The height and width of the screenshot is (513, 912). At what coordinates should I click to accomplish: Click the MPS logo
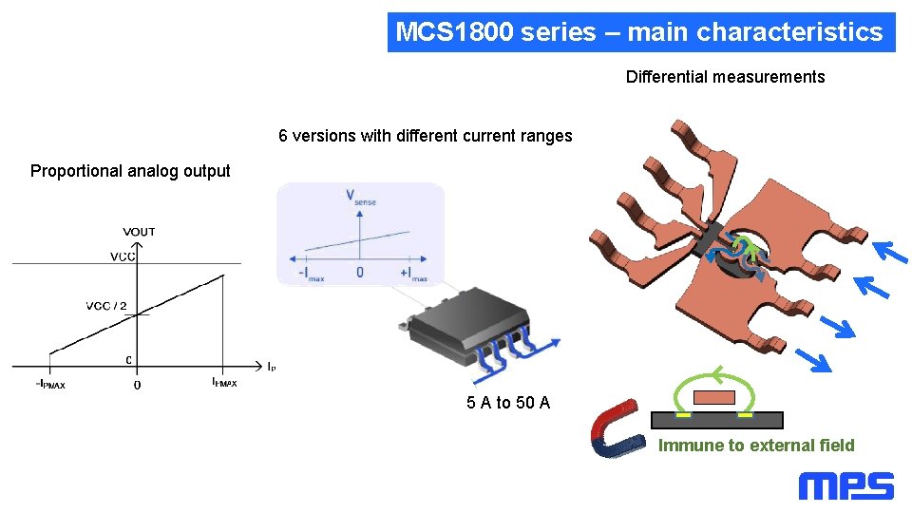[x=845, y=486]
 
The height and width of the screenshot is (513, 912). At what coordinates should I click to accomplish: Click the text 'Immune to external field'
[x=757, y=446]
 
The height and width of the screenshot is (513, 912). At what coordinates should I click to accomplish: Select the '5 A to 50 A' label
[x=508, y=403]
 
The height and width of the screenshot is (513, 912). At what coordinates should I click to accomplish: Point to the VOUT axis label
[x=139, y=232]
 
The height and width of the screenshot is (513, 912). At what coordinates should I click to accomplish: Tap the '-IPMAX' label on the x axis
[x=50, y=385]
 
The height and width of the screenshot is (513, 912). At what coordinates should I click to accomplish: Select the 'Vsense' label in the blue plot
[x=360, y=196]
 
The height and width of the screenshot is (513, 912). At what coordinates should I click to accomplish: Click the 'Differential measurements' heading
[x=725, y=77]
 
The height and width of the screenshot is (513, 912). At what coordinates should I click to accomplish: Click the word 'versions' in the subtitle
[x=326, y=136]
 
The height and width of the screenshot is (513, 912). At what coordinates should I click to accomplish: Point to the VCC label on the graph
[x=122, y=256]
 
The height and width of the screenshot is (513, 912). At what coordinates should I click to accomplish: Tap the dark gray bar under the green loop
[x=716, y=420]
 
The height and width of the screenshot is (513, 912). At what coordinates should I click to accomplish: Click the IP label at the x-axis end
[x=272, y=365]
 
